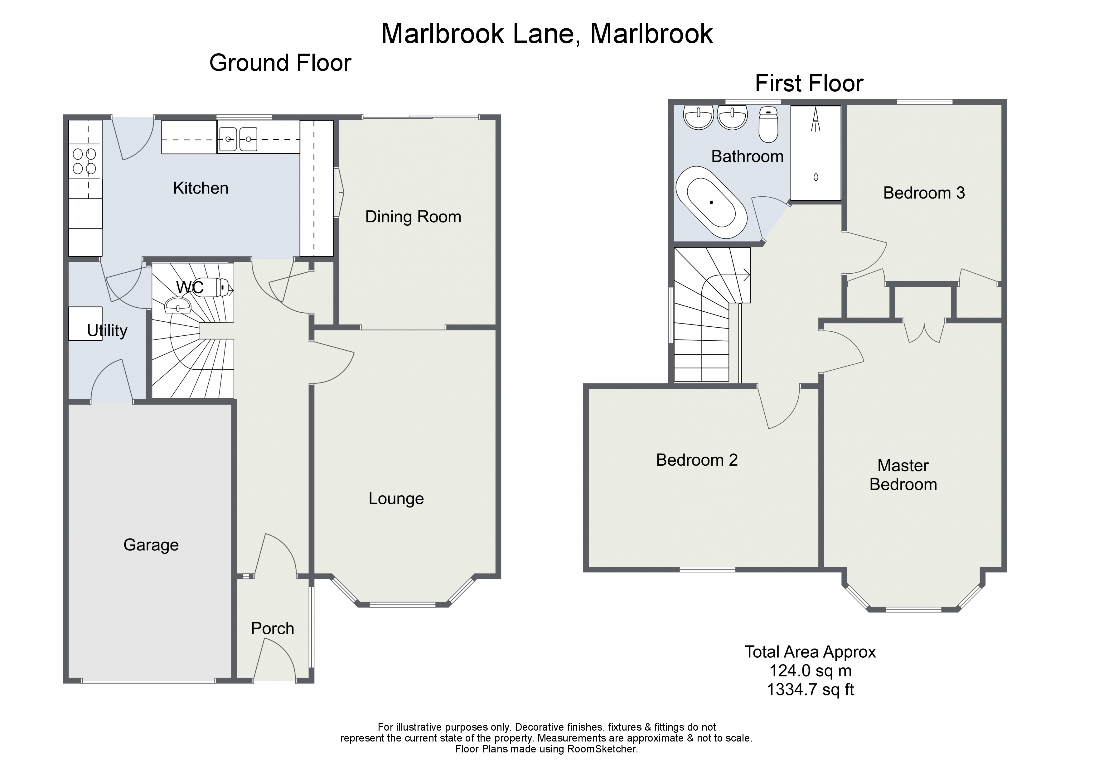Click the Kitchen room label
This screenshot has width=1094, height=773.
click(x=201, y=188)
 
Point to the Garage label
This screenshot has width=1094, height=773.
click(x=151, y=545)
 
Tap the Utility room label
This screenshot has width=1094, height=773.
click(x=107, y=330)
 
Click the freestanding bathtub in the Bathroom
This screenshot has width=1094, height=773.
click(x=711, y=202)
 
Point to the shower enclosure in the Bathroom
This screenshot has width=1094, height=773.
click(x=815, y=152)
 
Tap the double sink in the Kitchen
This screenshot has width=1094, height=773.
click(x=238, y=139)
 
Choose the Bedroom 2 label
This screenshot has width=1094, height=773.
click(x=697, y=460)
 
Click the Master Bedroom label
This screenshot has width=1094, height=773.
click(x=903, y=475)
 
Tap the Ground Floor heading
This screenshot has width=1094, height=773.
click(x=280, y=63)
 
